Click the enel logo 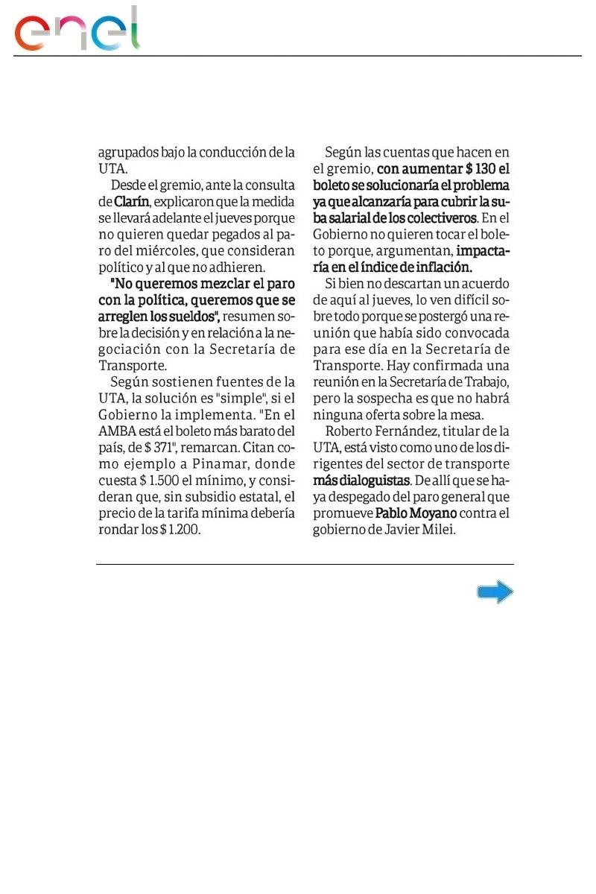[x=78, y=30]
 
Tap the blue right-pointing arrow [x=495, y=592]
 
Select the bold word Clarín [x=133, y=202]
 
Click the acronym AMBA [x=115, y=431]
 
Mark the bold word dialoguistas [x=372, y=481]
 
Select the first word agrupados [x=129, y=153]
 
